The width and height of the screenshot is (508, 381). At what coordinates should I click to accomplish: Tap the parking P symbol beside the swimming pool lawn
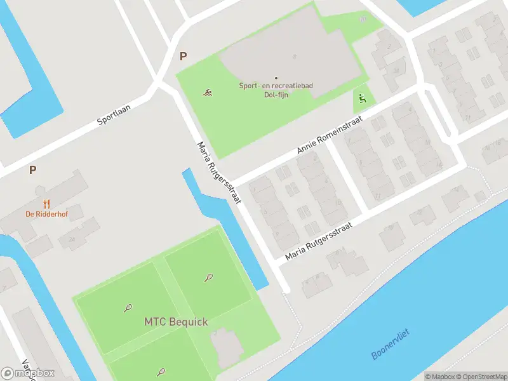[x=184, y=56]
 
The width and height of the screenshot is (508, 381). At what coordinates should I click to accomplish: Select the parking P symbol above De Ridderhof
[x=32, y=170]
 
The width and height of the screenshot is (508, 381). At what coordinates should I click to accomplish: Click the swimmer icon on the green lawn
[x=208, y=93]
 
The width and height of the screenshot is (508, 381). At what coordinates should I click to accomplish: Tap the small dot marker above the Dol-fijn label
[x=276, y=77]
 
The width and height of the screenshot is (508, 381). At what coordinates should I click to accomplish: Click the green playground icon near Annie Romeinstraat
[x=362, y=99]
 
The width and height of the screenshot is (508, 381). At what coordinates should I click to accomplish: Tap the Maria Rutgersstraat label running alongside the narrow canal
[x=219, y=172]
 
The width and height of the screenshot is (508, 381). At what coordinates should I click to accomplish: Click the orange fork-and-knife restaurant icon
[x=46, y=204]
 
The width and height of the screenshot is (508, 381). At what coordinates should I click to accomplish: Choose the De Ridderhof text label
[x=46, y=214]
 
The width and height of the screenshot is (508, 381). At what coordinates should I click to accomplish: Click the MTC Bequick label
[x=176, y=322]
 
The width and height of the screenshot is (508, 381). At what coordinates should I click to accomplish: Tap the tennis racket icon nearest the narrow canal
[x=208, y=277]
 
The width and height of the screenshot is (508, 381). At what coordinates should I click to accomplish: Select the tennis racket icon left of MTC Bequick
[x=128, y=309]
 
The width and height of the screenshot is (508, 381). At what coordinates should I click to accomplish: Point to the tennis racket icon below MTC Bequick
[x=162, y=371]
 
